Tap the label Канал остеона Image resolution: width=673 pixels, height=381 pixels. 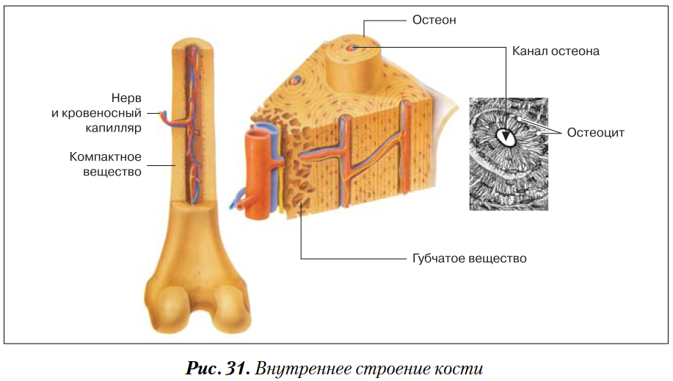pos(556,51)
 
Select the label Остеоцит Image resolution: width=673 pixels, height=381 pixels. pos(595,132)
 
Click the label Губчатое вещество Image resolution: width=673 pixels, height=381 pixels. pos(465,258)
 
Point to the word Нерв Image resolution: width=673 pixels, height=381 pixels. pos(125,98)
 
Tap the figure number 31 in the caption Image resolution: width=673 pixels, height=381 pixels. pos(233,368)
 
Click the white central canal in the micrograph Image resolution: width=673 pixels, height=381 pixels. pos(506,136)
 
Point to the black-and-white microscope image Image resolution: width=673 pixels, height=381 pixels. pos(509,154)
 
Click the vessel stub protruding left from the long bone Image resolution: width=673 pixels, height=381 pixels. pos(157,114)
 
